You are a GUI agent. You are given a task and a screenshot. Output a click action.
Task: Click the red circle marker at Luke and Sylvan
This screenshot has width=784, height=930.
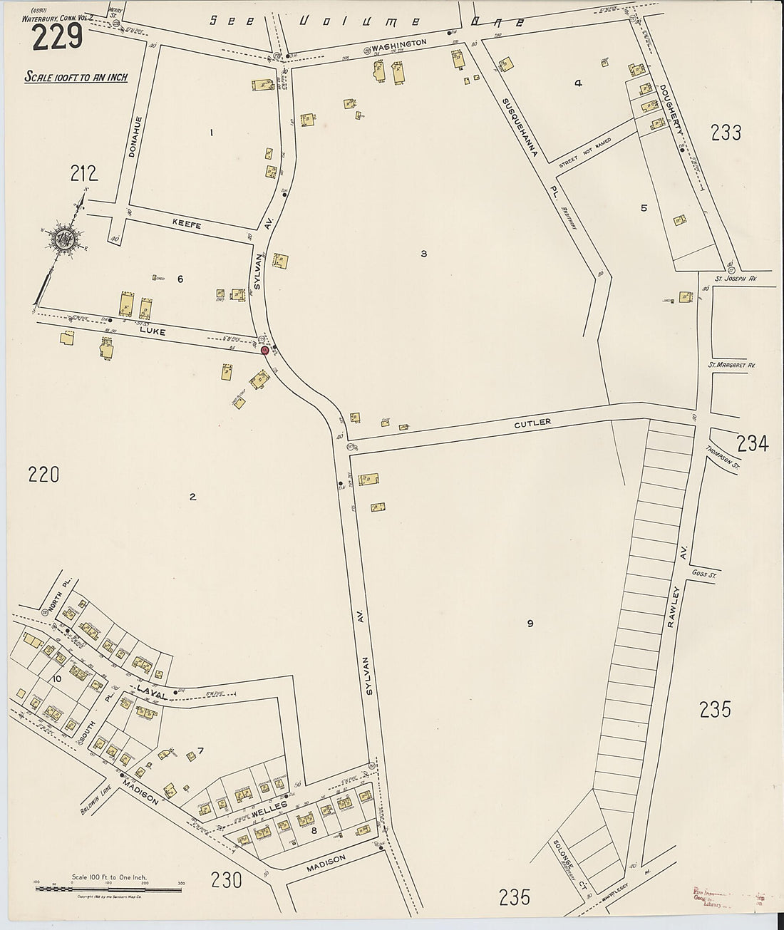coord(265,350)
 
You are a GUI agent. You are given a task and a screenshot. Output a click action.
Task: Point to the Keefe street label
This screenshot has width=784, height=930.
coord(187,225)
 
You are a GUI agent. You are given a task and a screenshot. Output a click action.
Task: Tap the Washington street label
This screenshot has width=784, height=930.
coord(398,43)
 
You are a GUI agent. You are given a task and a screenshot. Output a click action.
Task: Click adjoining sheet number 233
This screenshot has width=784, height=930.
coord(726,133)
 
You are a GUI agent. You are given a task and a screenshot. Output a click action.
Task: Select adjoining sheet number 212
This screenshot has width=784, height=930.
coord(83,173)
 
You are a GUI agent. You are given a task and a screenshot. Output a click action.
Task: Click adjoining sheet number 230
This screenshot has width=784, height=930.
coord(226,880)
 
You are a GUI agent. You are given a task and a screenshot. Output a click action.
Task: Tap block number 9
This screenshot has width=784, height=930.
coord(530,624)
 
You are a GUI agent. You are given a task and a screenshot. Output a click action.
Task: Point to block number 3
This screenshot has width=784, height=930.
coord(423,254)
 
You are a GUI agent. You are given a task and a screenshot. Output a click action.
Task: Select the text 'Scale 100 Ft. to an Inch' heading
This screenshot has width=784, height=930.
coord(76,77)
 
